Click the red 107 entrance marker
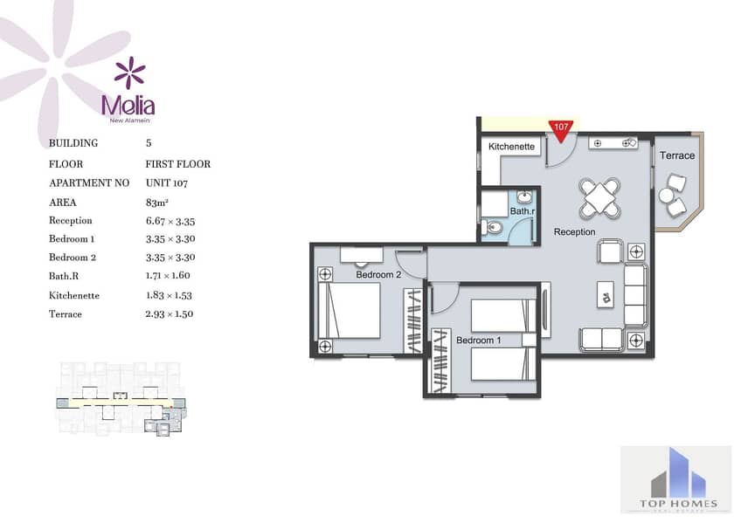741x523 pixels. (561, 130)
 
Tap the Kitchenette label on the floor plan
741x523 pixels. (511, 147)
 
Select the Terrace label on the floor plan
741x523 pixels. (677, 155)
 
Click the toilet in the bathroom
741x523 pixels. (492, 228)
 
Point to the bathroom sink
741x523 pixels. (523, 196)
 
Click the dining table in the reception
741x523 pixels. (600, 198)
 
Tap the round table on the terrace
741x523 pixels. (666, 196)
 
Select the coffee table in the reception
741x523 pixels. (606, 295)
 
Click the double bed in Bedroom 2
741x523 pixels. (350, 310)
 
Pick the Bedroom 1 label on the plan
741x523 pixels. (478, 340)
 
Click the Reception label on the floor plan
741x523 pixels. (574, 231)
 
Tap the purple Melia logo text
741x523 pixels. (128, 106)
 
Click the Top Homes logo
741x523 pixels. (675, 479)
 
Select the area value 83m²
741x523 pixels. (157, 203)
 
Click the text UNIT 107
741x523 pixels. (167, 182)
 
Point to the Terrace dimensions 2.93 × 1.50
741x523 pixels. (170, 314)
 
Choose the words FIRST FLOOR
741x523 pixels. (177, 164)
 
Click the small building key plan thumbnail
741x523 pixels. (121, 399)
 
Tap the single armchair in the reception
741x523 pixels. (610, 251)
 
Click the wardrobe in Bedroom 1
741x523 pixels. (441, 361)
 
